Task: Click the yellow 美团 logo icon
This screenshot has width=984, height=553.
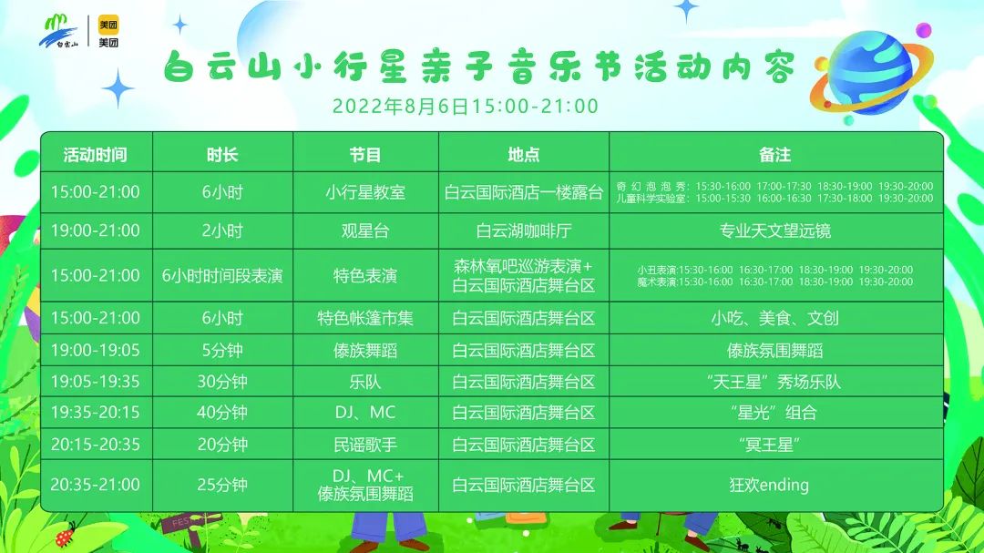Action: coord(108,25)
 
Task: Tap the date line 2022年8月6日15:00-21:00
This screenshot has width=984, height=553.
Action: coord(465,106)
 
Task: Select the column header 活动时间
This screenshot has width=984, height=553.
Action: coord(96,154)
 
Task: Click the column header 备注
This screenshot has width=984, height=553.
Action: coord(775,154)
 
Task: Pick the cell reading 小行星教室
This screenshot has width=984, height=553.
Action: coord(365,192)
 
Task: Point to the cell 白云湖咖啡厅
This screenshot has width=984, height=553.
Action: coord(523,231)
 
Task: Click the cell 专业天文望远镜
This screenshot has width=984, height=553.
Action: coord(775,231)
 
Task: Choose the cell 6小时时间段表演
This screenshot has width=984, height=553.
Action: coord(222,275)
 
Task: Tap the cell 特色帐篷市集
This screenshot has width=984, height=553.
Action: coord(365,318)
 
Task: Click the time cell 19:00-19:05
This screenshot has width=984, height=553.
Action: coord(96,350)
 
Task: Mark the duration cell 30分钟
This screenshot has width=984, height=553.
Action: coord(222,382)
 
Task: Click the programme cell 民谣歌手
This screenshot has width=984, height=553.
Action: coord(365,445)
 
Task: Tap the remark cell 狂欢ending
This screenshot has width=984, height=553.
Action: coord(769,485)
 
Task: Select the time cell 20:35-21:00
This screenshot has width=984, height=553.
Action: coord(96,485)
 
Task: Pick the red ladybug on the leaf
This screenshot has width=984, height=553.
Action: coord(66,536)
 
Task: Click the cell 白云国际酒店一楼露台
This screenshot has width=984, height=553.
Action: coord(523,192)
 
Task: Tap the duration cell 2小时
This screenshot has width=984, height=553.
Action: coord(222,231)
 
